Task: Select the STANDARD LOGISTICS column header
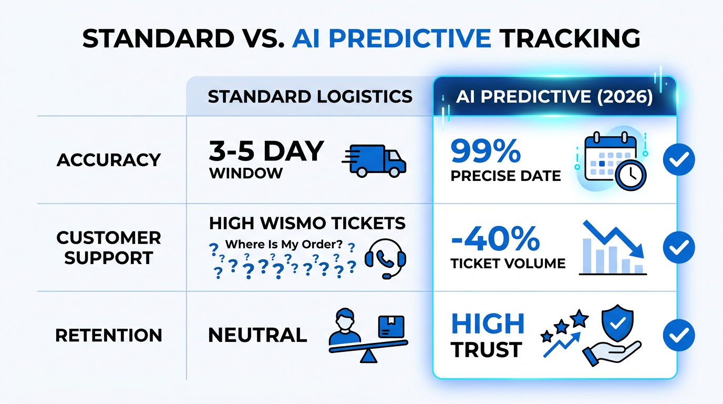click(x=310, y=97)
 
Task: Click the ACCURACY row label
click(x=109, y=160)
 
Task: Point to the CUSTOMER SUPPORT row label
click(x=109, y=248)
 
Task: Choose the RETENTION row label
click(x=109, y=336)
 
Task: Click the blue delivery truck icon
click(x=375, y=159)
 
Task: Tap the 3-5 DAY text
click(x=266, y=151)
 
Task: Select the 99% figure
click(x=486, y=151)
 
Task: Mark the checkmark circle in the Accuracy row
click(x=679, y=160)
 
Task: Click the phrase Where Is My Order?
click(x=283, y=245)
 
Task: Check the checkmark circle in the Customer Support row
click(x=679, y=248)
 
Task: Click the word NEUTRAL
click(x=257, y=335)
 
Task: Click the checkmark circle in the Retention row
click(x=679, y=336)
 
